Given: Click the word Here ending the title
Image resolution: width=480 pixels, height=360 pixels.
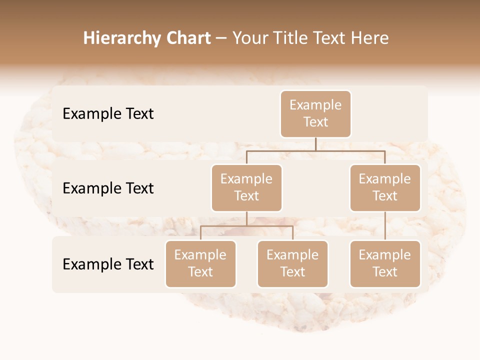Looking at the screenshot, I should (x=370, y=38).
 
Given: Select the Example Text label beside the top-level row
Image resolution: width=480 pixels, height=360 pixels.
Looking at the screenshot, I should (x=108, y=114).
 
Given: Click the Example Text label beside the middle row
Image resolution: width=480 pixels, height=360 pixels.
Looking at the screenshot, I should (x=108, y=188).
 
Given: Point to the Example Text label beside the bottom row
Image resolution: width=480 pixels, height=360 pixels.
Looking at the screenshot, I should (x=108, y=264).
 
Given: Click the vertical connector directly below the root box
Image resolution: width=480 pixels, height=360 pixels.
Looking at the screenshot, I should (x=315, y=144).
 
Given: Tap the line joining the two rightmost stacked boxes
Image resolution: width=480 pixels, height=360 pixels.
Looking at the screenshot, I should (x=385, y=226).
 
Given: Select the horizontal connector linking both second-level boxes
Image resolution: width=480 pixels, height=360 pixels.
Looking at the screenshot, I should (x=315, y=150).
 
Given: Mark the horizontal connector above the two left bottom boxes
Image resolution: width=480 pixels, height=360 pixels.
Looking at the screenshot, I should (x=246, y=226).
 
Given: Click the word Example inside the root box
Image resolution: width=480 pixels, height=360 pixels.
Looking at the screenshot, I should (x=315, y=105).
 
